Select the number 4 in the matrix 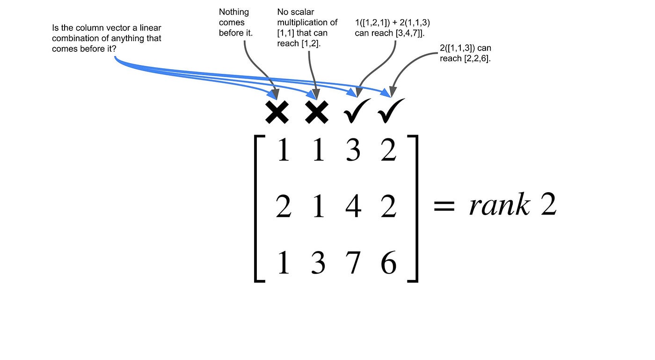353,206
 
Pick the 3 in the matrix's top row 353,151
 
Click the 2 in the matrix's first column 283,206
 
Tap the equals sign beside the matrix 444,206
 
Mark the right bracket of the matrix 413,209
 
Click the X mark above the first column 277,112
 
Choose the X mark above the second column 317,112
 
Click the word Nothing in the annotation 234,12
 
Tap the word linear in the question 150,28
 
